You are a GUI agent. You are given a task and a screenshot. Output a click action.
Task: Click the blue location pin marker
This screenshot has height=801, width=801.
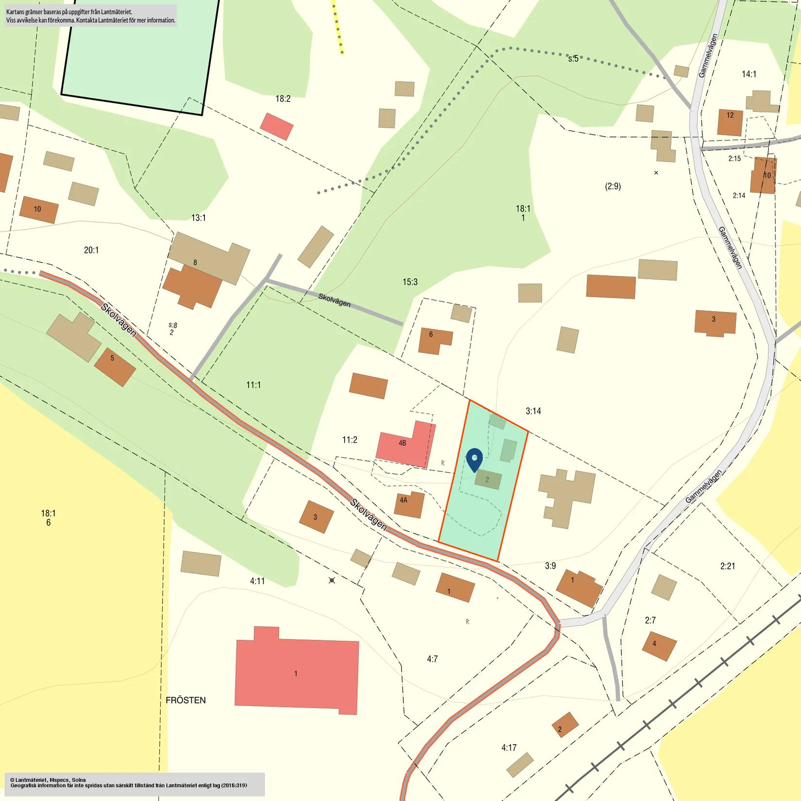[x=474, y=459]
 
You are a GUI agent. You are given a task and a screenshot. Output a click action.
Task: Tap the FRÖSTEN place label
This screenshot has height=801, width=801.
[x=185, y=700]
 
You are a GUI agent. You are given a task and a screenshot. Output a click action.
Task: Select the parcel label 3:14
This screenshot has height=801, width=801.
[x=533, y=411]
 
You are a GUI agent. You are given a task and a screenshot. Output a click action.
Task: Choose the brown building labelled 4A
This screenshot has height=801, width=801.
[x=409, y=505]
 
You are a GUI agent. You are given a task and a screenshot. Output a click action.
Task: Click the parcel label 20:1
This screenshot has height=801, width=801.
[x=91, y=250]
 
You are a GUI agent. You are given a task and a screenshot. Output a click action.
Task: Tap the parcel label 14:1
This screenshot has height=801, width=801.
[x=749, y=74]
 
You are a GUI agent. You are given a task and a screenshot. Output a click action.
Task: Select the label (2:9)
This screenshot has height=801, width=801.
[x=613, y=186]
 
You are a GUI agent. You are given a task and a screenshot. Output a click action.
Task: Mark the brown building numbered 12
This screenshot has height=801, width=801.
[x=730, y=122]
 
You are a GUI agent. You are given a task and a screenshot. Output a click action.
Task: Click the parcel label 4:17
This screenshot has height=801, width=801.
[x=509, y=748]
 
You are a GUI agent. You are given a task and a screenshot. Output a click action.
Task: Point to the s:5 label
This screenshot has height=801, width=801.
[x=573, y=59]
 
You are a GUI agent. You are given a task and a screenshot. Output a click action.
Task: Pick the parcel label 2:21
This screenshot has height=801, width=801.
[x=727, y=566]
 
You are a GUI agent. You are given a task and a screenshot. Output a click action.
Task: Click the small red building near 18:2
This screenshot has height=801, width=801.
[x=277, y=126]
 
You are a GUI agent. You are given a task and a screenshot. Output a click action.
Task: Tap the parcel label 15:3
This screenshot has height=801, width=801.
[x=410, y=282]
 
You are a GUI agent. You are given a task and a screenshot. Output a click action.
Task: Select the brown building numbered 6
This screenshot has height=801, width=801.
[x=434, y=341]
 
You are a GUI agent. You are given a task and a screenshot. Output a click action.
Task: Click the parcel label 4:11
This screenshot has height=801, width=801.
[x=257, y=581]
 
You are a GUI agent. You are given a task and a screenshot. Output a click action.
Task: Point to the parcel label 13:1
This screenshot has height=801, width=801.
[x=198, y=218]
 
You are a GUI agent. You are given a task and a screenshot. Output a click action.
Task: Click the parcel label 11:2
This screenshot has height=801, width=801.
[x=350, y=440]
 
